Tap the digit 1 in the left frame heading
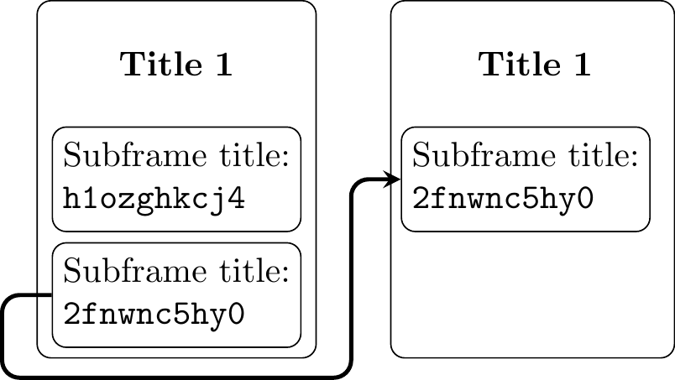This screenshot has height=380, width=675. click(x=222, y=65)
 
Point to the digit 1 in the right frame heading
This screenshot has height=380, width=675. click(x=580, y=65)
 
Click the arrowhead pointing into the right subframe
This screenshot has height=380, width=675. click(x=392, y=179)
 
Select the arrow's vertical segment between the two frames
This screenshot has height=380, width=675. click(x=350, y=277)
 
